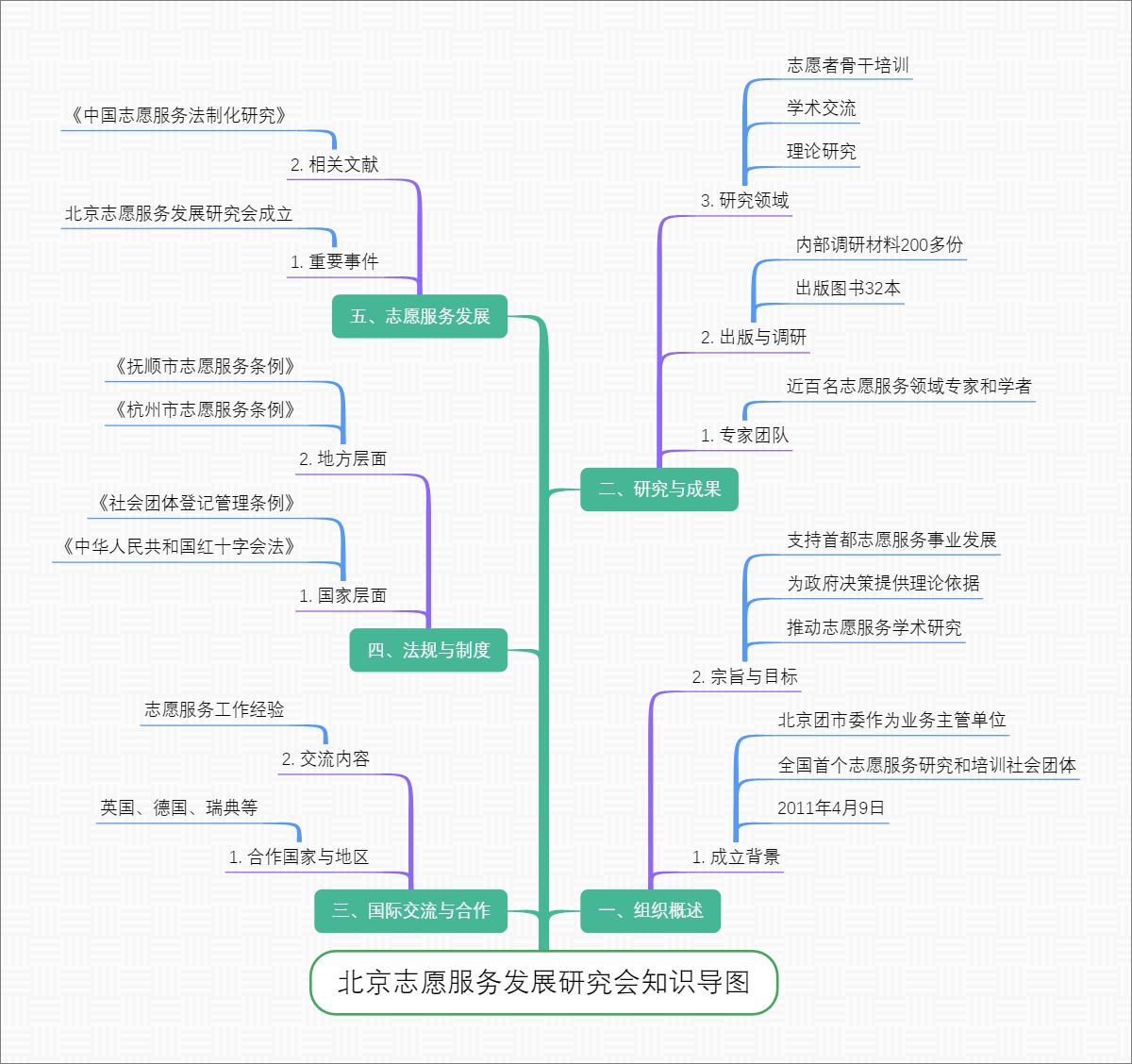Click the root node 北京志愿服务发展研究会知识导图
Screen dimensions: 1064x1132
(x=543, y=983)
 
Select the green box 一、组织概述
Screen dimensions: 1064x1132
(x=650, y=910)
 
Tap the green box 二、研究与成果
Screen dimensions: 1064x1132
(x=658, y=489)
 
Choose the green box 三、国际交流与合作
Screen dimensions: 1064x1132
(x=410, y=910)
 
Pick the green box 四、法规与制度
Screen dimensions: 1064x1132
(x=428, y=650)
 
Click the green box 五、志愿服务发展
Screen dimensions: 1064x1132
(x=420, y=316)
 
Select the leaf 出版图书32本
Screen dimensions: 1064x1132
(x=847, y=289)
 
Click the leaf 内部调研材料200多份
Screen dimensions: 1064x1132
(x=879, y=245)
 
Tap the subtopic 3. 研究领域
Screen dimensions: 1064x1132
(x=744, y=200)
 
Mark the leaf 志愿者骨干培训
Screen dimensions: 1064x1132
(x=847, y=65)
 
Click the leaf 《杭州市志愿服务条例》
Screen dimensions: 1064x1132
(x=205, y=409)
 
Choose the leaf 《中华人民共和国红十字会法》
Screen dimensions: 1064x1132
(x=178, y=546)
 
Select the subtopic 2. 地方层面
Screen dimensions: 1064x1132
(x=342, y=459)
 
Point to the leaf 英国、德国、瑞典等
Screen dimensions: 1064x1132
(x=178, y=808)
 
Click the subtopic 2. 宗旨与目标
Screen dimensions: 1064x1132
(x=744, y=676)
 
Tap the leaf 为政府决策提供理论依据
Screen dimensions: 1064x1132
(x=882, y=584)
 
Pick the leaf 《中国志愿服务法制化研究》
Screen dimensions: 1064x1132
(x=178, y=115)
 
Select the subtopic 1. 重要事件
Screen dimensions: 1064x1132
(x=334, y=262)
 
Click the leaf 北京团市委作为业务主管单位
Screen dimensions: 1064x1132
(x=891, y=721)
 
